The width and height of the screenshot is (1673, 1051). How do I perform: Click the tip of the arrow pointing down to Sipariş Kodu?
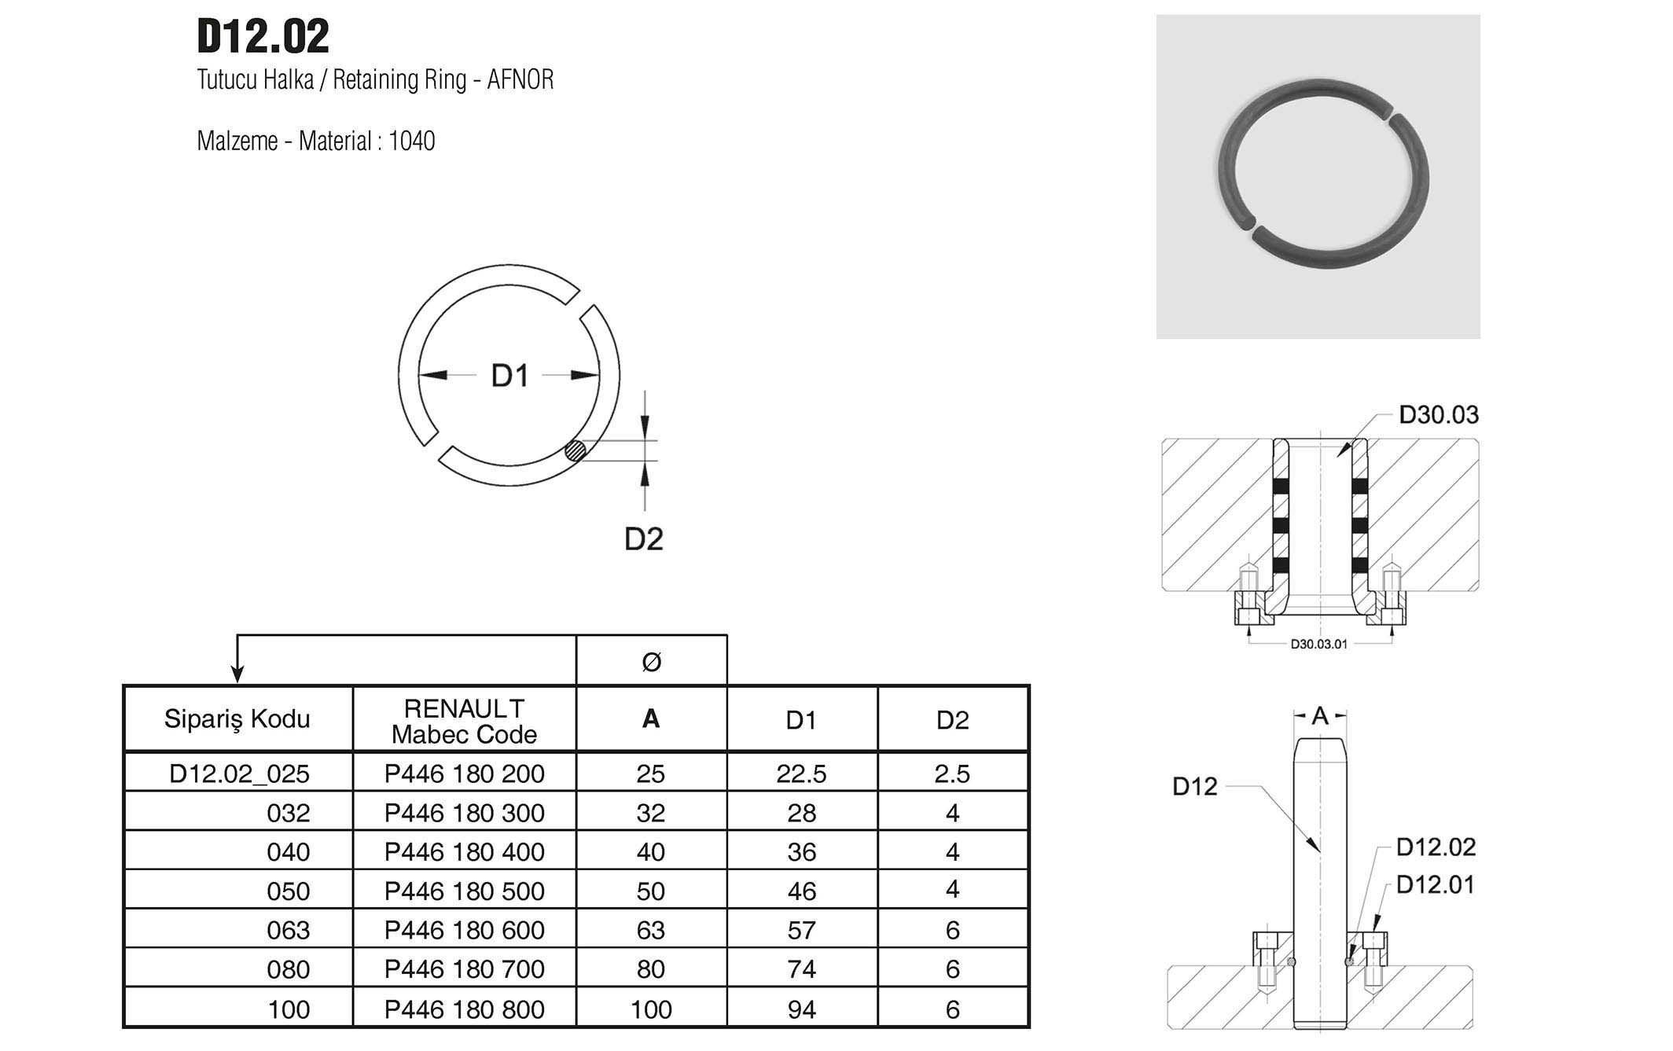point(237,682)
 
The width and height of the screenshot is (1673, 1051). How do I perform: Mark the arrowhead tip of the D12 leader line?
point(1320,853)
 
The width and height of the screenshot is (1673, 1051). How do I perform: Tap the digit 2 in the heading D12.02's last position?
point(318,37)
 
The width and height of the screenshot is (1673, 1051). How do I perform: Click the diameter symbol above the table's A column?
point(651,662)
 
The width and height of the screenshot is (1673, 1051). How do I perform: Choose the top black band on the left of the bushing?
point(1281,486)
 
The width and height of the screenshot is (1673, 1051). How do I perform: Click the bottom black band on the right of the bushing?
point(1360,564)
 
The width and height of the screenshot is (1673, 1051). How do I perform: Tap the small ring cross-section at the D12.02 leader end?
point(1350,961)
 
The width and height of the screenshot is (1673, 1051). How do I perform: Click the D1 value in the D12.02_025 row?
point(801,774)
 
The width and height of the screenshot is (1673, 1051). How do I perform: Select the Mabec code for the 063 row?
point(464,930)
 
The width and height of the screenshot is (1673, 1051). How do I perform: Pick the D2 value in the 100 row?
point(952,1009)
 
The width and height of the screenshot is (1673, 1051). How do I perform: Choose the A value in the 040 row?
point(651,851)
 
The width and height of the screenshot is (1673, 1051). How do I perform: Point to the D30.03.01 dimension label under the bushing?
point(1318,644)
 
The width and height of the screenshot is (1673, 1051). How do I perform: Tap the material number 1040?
point(412,141)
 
